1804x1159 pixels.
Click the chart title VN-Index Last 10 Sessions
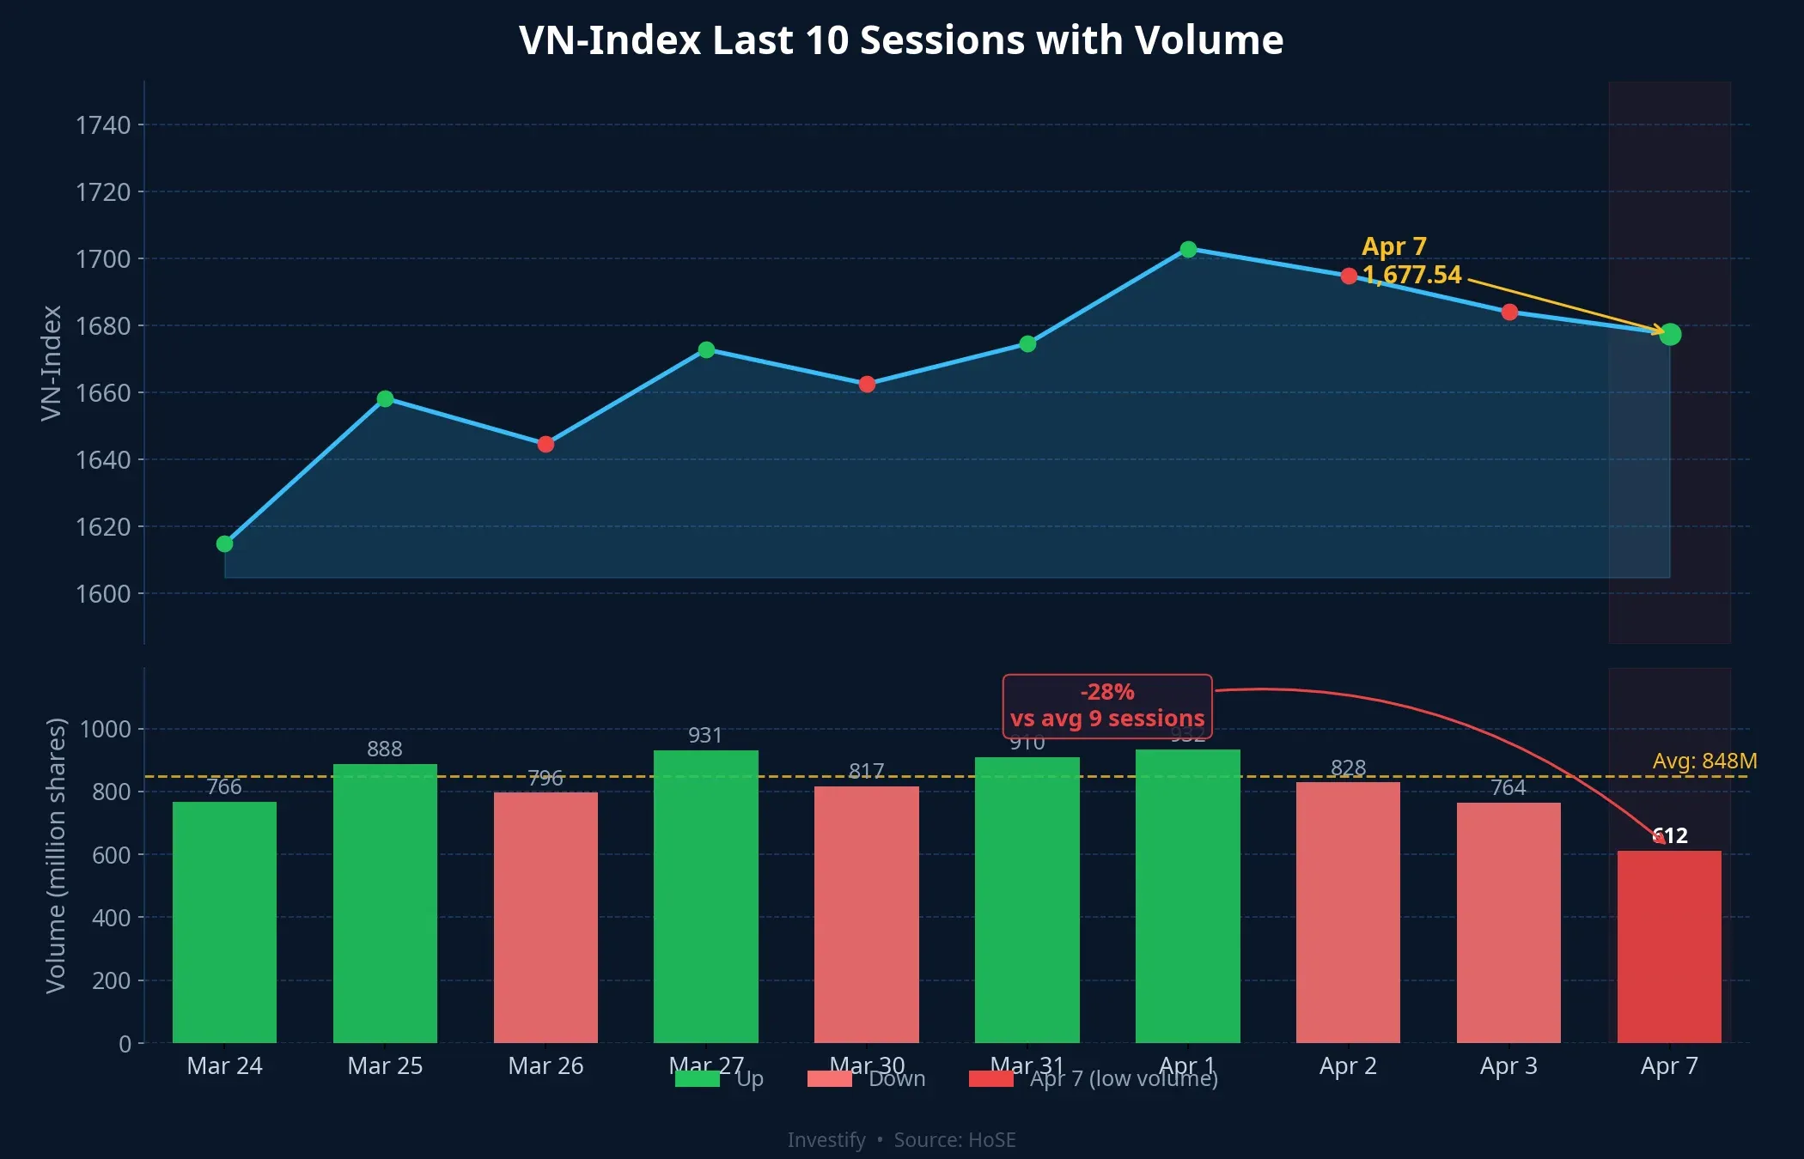901,40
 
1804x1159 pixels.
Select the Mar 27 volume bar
705,897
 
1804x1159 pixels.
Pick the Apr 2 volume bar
1348,912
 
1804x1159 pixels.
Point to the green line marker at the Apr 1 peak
1188,249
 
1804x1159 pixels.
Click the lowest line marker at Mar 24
225,543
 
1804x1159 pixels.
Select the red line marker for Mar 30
867,384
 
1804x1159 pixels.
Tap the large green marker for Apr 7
1670,334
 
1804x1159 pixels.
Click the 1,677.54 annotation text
1411,275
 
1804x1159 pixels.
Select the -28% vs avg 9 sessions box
1107,706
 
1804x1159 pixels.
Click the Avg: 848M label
1704,761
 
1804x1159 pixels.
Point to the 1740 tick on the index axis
103,125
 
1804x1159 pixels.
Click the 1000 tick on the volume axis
106,730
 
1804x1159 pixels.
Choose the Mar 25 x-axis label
385,1065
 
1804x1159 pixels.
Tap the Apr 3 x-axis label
1508,1065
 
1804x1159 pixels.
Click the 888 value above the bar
384,749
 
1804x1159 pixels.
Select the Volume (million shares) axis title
56,855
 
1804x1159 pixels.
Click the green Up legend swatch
697,1079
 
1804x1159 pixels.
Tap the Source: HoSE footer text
954,1140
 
